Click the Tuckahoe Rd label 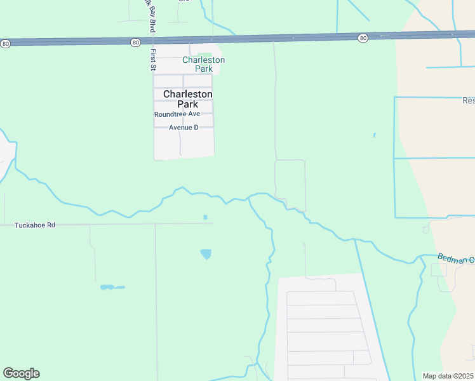tap(35, 225)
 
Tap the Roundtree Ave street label tap(177, 114)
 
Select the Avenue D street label tap(184, 128)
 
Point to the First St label tap(153, 59)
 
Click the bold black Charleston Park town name tap(187, 99)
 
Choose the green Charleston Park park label tap(203, 64)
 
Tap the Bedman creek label tap(455, 258)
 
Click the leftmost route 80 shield tap(6, 43)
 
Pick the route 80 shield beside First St tap(135, 42)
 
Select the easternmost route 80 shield tap(362, 38)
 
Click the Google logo tap(21, 373)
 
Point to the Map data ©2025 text tap(448, 376)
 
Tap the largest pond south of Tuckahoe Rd tap(206, 254)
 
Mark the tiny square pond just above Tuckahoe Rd tap(205, 217)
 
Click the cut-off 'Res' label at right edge tap(468, 101)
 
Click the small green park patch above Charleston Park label tap(204, 56)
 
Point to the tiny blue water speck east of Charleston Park tap(374, 135)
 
